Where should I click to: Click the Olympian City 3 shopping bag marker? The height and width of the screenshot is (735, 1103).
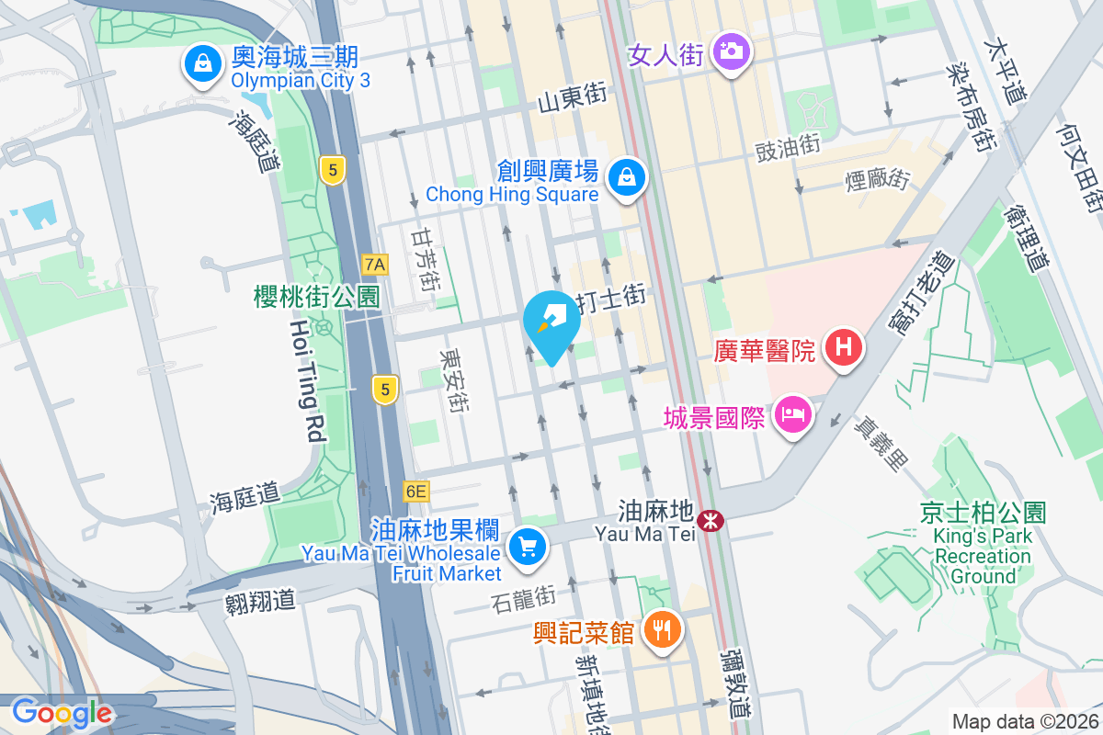[199, 64]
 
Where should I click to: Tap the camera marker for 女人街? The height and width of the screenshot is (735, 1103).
[732, 51]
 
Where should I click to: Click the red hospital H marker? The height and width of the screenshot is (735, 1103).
[842, 348]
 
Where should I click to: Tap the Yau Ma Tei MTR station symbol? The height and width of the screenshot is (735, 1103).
[710, 521]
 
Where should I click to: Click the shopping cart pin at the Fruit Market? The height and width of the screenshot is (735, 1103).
[527, 548]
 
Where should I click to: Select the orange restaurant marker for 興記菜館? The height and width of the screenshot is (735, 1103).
[660, 630]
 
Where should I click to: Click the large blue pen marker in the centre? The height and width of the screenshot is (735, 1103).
[551, 324]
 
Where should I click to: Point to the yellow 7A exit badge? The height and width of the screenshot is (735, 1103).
[375, 265]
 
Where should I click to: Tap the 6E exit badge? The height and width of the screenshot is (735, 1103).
[415, 492]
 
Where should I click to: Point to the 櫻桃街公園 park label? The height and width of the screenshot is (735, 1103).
[317, 296]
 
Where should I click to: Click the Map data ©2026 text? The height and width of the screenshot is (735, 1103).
[1024, 721]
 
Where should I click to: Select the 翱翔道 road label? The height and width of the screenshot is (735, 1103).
[260, 602]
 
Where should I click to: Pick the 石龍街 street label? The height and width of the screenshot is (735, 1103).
[523, 598]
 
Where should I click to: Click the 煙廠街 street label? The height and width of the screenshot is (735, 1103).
[877, 179]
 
